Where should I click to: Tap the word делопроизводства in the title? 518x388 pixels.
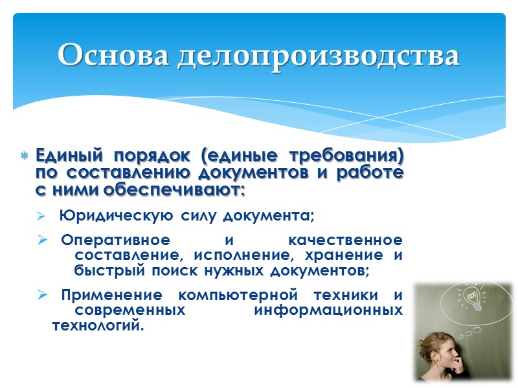317,56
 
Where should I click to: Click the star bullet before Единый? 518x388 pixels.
24,156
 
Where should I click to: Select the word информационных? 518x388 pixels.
327,310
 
